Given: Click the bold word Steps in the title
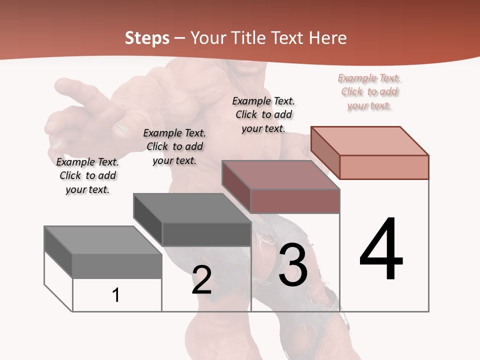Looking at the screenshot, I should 147,38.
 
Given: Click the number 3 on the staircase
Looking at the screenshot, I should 293,265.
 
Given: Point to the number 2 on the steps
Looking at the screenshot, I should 201,280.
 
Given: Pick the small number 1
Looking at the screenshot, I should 116,295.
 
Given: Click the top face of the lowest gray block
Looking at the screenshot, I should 102,240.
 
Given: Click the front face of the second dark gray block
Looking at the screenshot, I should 206,234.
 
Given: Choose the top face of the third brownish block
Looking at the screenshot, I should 280,175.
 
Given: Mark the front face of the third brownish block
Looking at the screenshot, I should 295,201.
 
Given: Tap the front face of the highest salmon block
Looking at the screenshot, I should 384,167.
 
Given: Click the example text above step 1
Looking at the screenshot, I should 87,175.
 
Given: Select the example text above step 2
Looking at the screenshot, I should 174,146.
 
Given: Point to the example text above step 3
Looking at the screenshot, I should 263,114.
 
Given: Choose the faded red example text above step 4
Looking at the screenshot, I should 369,91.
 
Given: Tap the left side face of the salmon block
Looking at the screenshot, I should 325,152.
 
